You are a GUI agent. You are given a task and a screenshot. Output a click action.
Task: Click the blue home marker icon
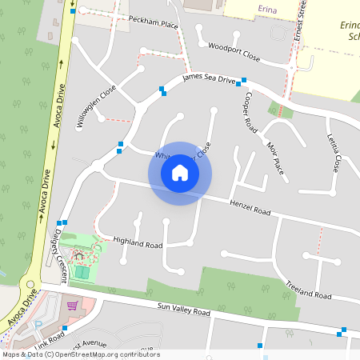pyautogui.click(x=180, y=173)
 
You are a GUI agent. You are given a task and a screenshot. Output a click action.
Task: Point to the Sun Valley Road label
pyautogui.click(x=183, y=308)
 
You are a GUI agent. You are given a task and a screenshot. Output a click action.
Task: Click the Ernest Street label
pyautogui.click(x=300, y=22)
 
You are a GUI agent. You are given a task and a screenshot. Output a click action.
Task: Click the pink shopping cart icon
pyautogui.click(x=72, y=306)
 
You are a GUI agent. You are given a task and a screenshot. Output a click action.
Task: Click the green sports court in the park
pyautogui.click(x=81, y=272)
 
